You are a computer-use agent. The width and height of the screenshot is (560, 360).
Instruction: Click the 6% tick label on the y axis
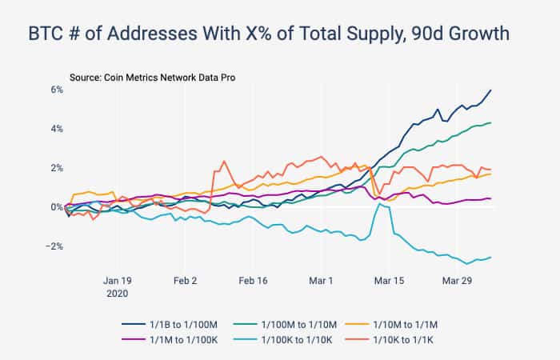[x=57, y=90]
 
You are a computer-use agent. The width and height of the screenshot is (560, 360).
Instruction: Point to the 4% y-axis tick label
[x=57, y=129]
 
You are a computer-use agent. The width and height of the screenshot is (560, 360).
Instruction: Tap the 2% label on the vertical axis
[x=57, y=168]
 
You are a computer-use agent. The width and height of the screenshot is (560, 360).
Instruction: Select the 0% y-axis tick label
[x=57, y=207]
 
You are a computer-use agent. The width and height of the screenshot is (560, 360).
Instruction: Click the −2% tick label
[x=54, y=246]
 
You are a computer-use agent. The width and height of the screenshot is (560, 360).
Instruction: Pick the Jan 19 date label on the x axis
[x=118, y=281]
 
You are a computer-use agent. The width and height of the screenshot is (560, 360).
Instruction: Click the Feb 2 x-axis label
[x=185, y=281]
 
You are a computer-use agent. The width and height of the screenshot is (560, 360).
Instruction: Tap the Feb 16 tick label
[x=253, y=281]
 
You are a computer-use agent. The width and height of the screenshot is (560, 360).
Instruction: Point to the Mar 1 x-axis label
[x=321, y=281]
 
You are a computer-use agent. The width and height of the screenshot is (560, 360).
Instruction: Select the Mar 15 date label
[x=389, y=281]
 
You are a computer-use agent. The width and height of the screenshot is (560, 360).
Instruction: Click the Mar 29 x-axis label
[x=457, y=281]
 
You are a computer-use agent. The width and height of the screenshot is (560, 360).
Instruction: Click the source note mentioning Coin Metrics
[x=153, y=78]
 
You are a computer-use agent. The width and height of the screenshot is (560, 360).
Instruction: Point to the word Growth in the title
[x=478, y=34]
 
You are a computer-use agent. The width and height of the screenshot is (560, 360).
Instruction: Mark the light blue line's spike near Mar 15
[x=379, y=204]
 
